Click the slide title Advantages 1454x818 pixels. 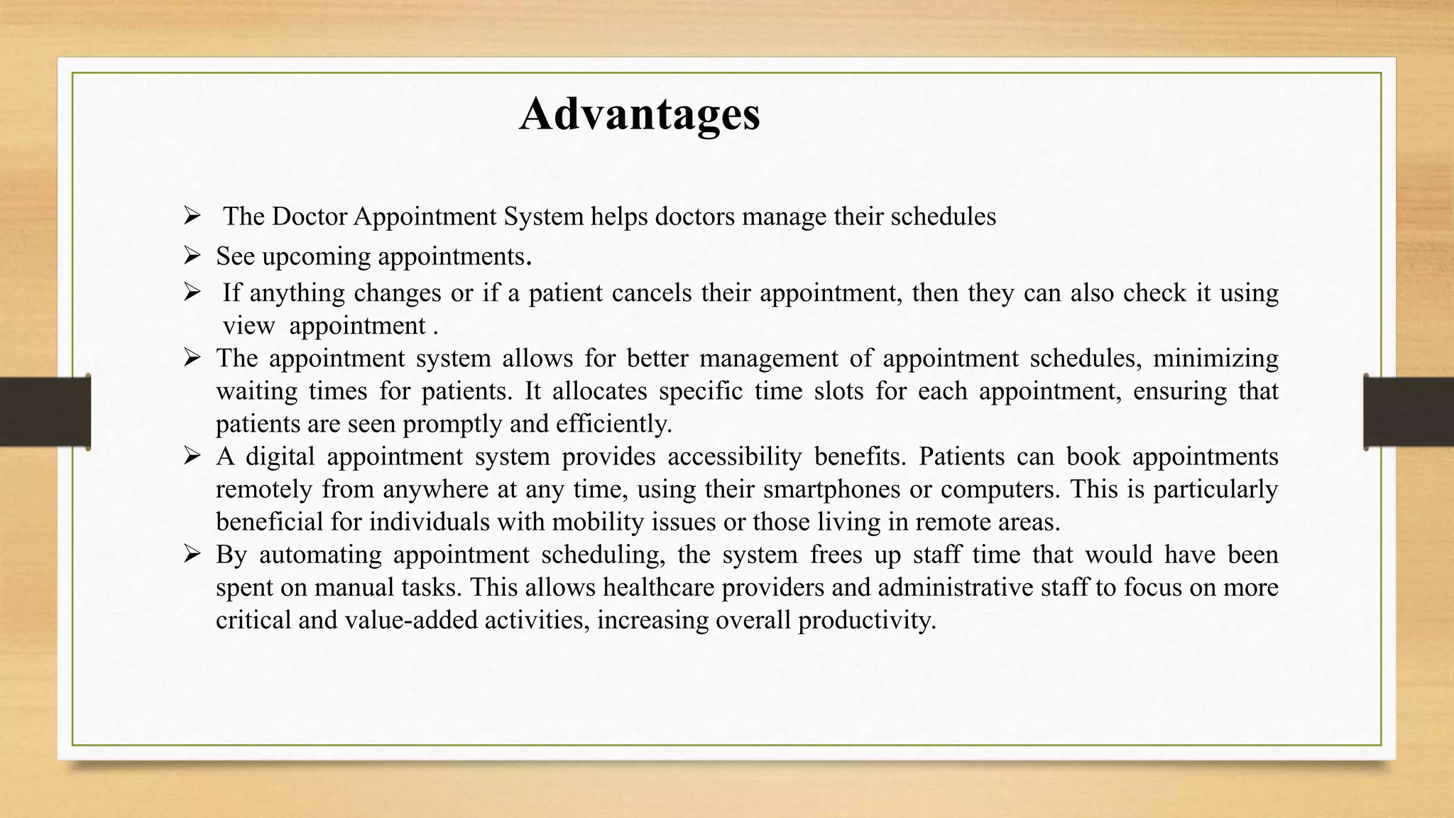[640, 114]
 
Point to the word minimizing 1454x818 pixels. [1215, 358]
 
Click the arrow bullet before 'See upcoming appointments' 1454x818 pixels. [192, 255]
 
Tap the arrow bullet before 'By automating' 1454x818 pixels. [192, 554]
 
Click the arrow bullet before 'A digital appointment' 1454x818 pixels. [192, 455]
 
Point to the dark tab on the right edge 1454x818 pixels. [1409, 412]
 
